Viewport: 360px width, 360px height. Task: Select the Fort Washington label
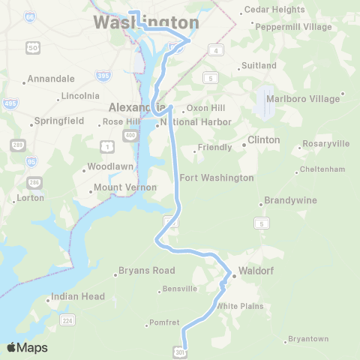pyautogui.click(x=217, y=178)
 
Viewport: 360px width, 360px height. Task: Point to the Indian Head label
pyautogui.click(x=78, y=296)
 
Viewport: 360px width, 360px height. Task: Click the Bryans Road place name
pyautogui.click(x=148, y=270)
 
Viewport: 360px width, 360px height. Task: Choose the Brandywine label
pyautogui.click(x=289, y=201)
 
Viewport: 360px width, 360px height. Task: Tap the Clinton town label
pyautogui.click(x=263, y=139)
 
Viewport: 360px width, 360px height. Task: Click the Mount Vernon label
pyautogui.click(x=125, y=187)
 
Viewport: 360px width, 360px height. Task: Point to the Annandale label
pyautogui.click(x=52, y=78)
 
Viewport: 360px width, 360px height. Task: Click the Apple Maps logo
pyautogui.click(x=27, y=347)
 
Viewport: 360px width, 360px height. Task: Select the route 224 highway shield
pyautogui.click(x=67, y=321)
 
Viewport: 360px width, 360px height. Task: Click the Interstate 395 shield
pyautogui.click(x=104, y=76)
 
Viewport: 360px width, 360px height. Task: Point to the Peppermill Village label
pyautogui.click(x=293, y=26)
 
